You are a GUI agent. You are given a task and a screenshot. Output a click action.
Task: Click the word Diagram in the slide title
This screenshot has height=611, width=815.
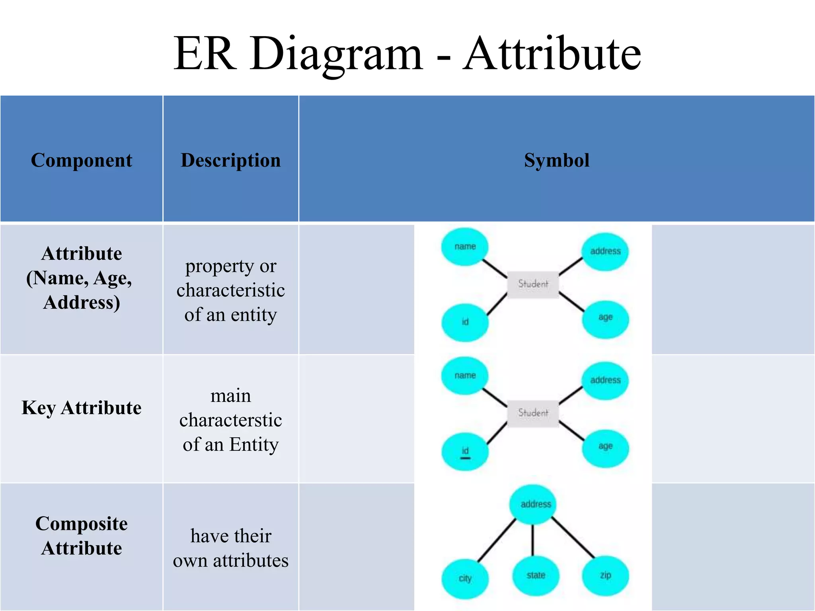336,54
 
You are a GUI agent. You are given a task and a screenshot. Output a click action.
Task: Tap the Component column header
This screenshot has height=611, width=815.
82,160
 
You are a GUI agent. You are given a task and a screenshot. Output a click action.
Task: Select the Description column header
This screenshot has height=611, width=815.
230,160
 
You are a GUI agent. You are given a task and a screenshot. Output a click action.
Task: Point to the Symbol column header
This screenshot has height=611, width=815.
556,160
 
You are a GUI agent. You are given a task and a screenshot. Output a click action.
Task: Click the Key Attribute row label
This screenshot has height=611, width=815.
82,408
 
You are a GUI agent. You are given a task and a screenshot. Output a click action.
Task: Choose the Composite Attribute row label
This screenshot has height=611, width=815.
82,535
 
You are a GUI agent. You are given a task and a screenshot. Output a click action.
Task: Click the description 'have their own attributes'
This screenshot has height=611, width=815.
230,548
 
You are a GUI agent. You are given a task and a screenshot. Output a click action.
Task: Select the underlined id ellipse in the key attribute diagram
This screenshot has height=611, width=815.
465,452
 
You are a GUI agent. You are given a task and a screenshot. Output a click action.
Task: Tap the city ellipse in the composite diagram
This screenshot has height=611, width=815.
465,579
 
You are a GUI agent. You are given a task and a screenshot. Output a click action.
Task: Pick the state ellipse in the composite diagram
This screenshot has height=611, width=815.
536,576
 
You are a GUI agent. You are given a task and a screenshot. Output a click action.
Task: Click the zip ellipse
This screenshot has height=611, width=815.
605,576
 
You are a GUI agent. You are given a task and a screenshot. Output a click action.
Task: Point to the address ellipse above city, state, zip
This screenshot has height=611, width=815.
536,504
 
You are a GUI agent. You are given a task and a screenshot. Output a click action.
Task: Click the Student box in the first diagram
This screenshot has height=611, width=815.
533,284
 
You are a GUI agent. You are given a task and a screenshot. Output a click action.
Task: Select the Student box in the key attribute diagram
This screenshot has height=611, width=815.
533,413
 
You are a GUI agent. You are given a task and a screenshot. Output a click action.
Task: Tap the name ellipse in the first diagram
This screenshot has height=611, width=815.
465,247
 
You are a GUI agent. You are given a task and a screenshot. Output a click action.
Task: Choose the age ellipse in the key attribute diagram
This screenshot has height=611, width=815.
605,447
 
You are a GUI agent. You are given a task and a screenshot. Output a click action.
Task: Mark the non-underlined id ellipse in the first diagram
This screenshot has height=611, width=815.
465,322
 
